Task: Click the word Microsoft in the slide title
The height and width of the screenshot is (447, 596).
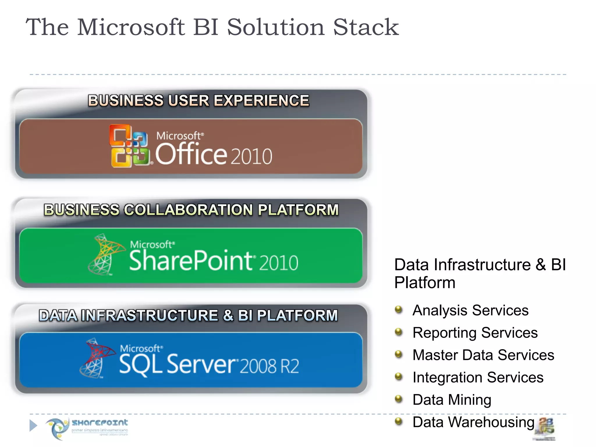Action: point(131,27)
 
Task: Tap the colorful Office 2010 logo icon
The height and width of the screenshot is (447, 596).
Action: point(130,146)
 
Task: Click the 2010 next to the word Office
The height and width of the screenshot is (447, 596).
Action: point(252,156)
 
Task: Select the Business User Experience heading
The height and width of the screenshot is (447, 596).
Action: point(198,101)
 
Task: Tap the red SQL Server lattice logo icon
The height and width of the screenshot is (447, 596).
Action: point(96,358)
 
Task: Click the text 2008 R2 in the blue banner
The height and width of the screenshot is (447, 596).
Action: point(269,366)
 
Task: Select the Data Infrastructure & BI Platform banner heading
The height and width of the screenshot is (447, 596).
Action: point(188,315)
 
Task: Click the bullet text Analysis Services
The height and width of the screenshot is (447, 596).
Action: point(470,310)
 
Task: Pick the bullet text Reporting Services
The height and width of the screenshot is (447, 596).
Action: point(475,333)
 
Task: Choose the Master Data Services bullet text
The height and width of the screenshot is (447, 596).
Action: point(483,355)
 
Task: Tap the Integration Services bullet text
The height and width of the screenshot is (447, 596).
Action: point(478,377)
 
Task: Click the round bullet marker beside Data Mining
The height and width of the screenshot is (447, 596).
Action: point(399,399)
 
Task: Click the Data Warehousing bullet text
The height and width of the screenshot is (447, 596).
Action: point(473,422)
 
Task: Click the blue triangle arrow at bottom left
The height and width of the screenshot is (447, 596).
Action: point(33,425)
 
